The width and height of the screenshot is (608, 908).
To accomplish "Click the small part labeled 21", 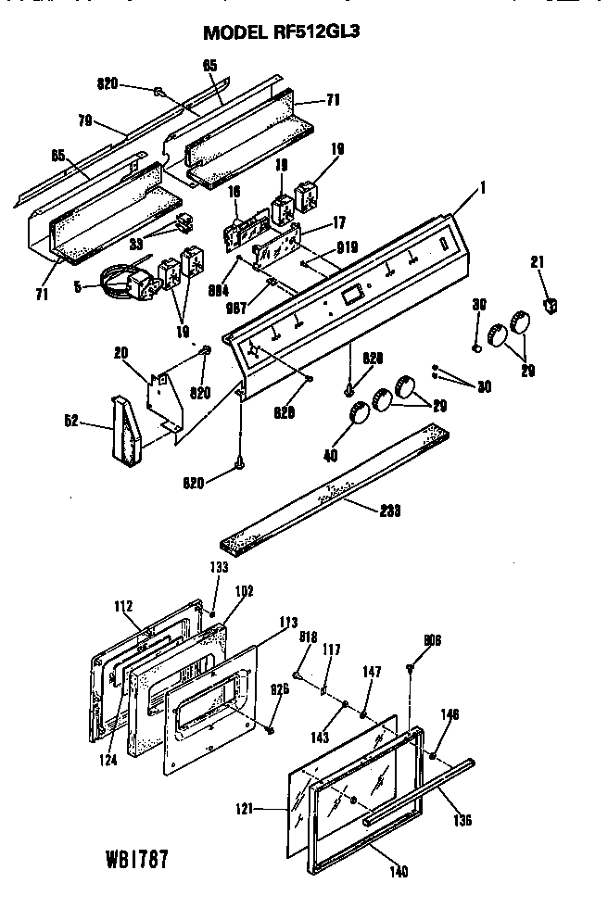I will [551, 304].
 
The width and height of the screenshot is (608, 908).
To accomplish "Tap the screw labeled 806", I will [410, 666].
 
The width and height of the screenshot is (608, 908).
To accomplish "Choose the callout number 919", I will [348, 247].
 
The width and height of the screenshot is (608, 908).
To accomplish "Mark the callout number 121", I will [270, 809].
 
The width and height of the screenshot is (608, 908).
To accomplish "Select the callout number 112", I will [123, 608].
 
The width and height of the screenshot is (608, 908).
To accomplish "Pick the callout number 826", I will [280, 688].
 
